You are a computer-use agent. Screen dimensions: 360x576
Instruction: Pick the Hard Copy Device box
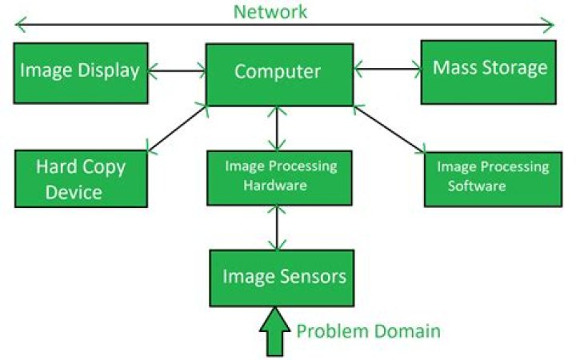coord(81,178)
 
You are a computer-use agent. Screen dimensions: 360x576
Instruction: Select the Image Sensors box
coord(283,278)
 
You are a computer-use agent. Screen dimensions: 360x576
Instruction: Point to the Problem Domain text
coord(369,330)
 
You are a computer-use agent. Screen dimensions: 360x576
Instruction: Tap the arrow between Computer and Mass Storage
coord(387,70)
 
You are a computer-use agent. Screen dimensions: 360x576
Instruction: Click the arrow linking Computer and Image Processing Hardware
coord(277,128)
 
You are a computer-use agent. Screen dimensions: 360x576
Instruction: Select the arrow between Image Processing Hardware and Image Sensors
coord(277,226)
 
